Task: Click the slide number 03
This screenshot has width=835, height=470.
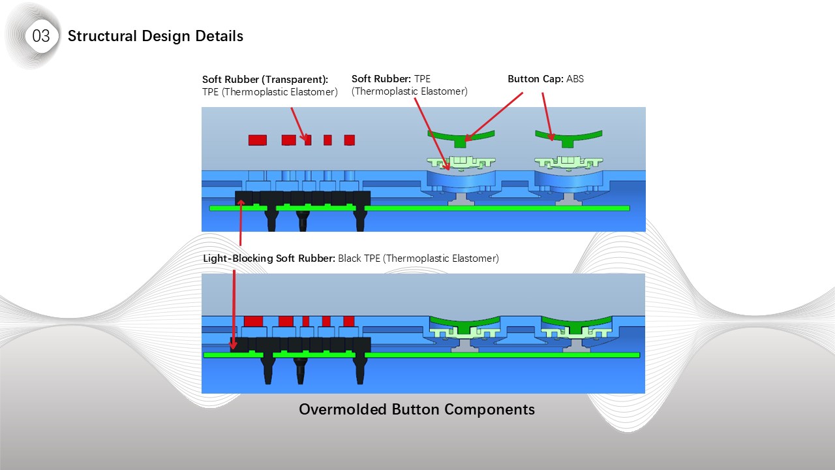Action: coord(40,37)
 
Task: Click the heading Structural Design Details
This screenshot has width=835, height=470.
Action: coord(155,36)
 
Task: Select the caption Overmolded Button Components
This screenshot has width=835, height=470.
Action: coord(416,409)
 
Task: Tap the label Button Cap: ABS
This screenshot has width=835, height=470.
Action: coord(545,79)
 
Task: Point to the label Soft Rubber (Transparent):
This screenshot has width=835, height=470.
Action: coord(265,80)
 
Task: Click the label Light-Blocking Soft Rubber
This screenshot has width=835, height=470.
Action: coord(269,258)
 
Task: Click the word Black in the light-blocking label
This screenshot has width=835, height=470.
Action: coord(351,258)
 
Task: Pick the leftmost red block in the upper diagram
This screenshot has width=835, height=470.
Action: coord(258,140)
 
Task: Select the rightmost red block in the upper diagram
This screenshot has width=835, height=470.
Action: coord(349,140)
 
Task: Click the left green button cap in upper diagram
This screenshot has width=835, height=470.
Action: coord(461,136)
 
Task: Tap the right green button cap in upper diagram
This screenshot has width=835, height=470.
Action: coord(568,136)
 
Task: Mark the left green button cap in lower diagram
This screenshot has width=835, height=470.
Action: coord(463,322)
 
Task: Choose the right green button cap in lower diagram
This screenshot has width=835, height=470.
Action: coord(575,322)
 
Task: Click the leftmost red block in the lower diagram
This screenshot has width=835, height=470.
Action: coord(253,321)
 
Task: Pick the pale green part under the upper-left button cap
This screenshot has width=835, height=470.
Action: coord(461,161)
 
